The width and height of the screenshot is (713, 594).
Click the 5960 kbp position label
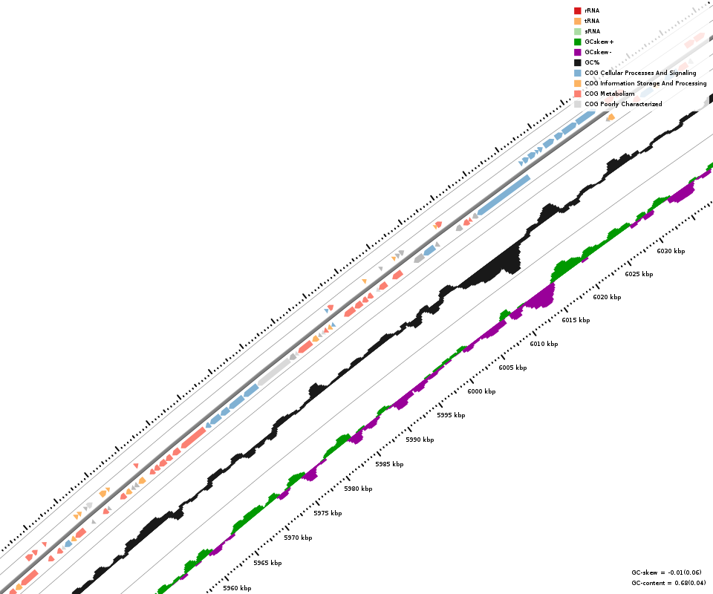point(237,588)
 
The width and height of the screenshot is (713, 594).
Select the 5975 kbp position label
point(328,513)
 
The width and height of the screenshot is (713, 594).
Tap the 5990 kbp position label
point(420,440)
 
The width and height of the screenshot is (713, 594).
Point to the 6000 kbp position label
point(481,391)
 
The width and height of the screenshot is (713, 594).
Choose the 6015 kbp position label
point(576,320)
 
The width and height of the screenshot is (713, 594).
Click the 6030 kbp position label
point(671,251)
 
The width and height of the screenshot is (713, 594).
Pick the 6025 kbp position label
point(639,274)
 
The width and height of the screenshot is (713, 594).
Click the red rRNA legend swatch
point(577,10)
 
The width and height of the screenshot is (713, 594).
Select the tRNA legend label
point(592,21)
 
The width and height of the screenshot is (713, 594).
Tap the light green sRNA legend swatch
point(577,31)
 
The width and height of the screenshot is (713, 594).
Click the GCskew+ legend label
point(599,42)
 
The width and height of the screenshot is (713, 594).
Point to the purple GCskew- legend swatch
point(577,52)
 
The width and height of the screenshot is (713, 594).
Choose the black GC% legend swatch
point(577,62)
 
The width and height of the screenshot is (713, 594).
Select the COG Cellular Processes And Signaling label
point(640,73)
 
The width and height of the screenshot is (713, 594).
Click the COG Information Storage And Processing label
point(645,83)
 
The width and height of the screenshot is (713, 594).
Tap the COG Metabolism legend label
point(609,94)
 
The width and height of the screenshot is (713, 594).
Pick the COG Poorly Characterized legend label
point(623,104)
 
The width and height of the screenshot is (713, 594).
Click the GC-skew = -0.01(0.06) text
point(666,572)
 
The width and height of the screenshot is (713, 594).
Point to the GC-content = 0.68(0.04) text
point(668,583)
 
